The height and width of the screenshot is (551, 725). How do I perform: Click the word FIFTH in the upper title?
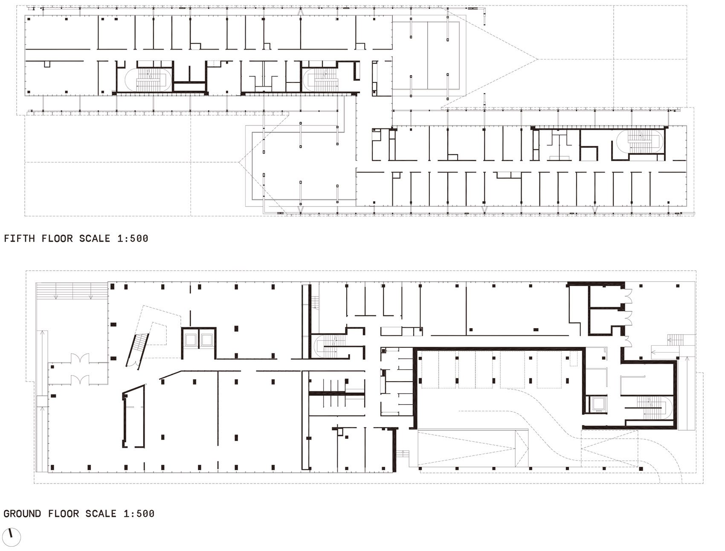[x=20, y=238]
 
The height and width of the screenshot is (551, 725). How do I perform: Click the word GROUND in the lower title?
[x=23, y=513]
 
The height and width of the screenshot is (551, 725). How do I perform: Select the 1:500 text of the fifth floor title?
[x=133, y=238]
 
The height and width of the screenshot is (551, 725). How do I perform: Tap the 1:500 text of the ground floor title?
[x=139, y=513]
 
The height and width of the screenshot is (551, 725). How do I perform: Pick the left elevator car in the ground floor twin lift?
[x=190, y=340]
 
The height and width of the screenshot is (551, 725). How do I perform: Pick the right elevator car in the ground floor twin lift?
[x=207, y=340]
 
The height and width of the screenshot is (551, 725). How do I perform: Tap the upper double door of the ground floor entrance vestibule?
[x=81, y=358]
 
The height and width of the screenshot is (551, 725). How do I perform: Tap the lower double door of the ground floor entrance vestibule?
[x=80, y=379]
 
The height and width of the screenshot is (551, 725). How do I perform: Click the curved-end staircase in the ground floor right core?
[x=652, y=408]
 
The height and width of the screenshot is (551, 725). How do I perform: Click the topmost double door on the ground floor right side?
[x=628, y=296]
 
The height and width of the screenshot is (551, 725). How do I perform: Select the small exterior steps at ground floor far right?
[x=676, y=339]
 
